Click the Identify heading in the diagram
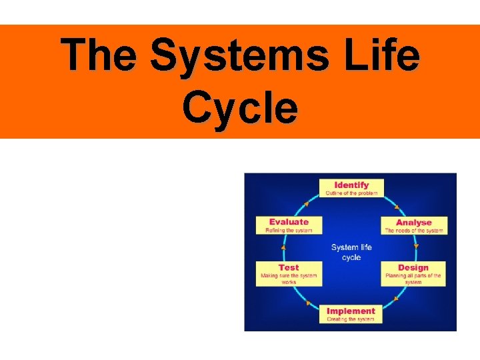coord(351,185)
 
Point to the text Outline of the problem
coord(351,193)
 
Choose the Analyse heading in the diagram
coord(414,222)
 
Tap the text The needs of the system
coord(414,231)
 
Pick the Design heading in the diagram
coord(413,267)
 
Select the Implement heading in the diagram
coord(351,311)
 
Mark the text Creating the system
coord(351,319)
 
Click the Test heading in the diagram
coord(289,267)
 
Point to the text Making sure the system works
coord(289,279)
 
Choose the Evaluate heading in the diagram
coord(289,222)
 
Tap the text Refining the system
coord(289,231)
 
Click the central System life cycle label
coord(351,252)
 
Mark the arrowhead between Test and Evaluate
coord(283,247)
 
